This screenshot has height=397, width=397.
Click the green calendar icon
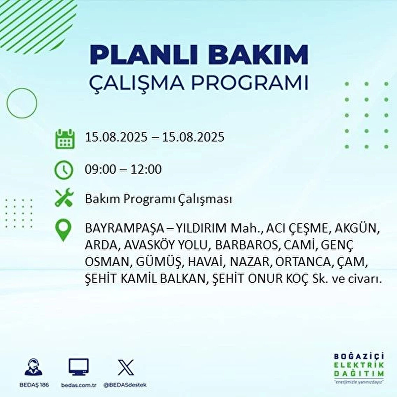pos(65,139)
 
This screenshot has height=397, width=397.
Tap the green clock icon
pos(64,170)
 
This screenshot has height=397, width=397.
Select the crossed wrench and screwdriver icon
pos(64,197)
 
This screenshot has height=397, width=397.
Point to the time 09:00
pos(100,169)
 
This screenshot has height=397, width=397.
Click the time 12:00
pos(146,169)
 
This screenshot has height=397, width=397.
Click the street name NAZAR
pos(250,262)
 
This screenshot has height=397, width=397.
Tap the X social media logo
pos(126,367)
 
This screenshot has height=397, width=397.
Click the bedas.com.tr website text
pos(79,385)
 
